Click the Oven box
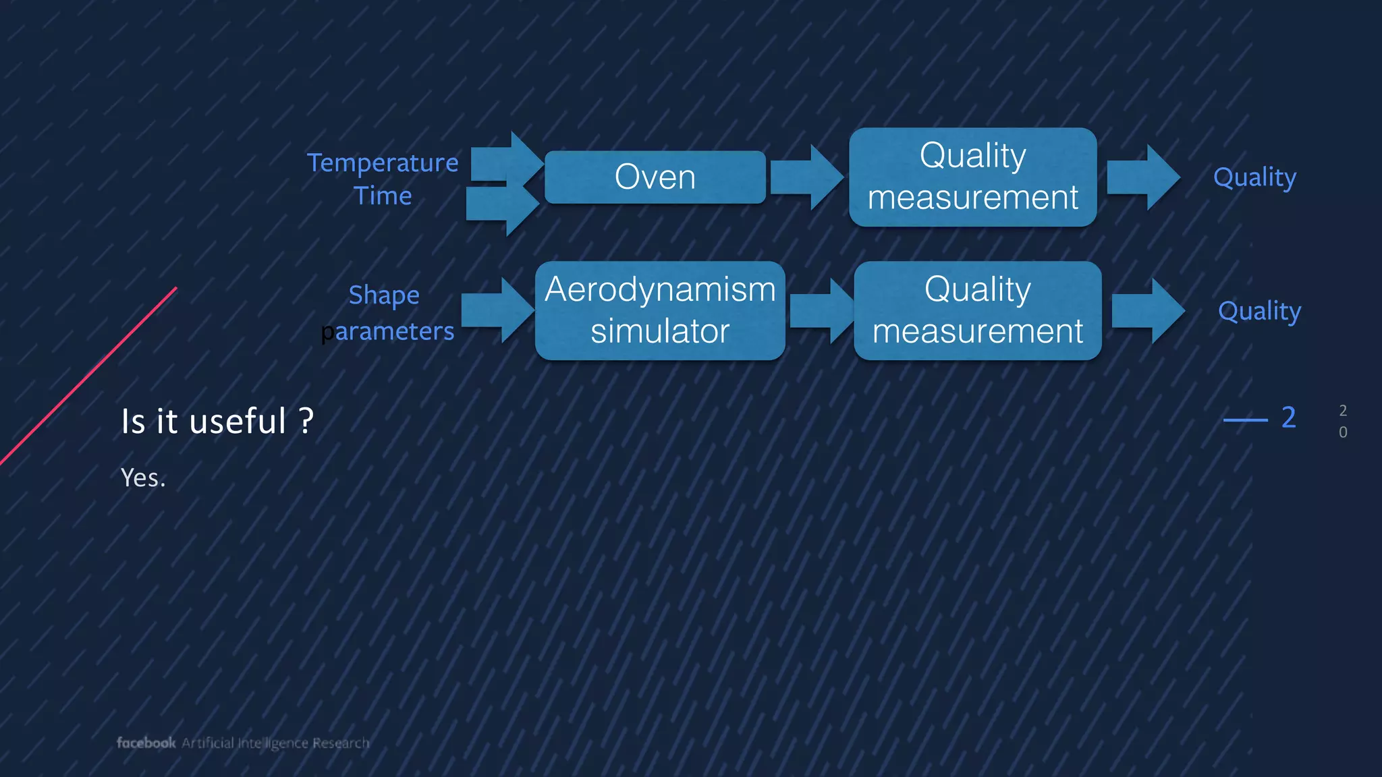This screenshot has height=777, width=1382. click(655, 177)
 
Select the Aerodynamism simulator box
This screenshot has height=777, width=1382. click(659, 310)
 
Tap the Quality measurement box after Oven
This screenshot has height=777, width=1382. click(972, 177)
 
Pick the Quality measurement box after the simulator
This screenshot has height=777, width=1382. click(977, 310)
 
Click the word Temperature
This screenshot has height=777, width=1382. click(382, 163)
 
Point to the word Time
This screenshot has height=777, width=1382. click(382, 196)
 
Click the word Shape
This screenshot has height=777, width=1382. click(383, 295)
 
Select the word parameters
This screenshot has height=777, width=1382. click(388, 331)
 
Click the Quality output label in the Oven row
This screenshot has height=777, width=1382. click(1254, 177)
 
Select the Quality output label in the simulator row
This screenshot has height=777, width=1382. click(1259, 311)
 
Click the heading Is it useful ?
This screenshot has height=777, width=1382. click(217, 422)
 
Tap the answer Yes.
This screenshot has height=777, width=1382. click(142, 478)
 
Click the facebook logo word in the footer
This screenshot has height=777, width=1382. click(146, 743)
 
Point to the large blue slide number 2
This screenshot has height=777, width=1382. click(1288, 418)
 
